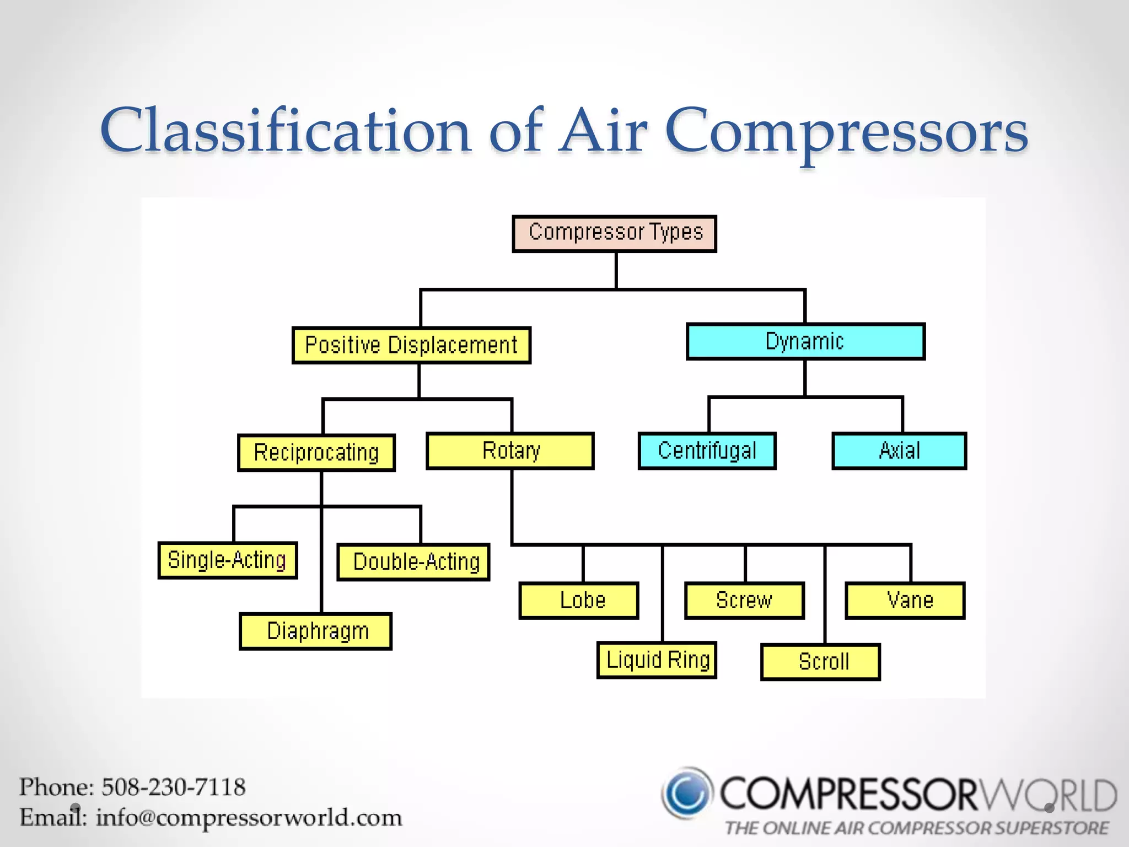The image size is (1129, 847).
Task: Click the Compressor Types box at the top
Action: click(614, 234)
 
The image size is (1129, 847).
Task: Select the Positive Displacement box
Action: click(411, 345)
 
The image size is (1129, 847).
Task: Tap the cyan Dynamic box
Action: click(805, 342)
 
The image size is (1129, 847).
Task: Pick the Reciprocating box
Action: click(316, 453)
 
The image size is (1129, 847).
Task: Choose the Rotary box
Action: click(510, 451)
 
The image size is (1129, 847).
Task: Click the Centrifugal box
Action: click(707, 451)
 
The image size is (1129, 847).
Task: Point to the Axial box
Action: click(899, 451)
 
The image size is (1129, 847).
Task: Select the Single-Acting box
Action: click(228, 560)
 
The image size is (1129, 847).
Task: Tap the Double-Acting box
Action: click(413, 562)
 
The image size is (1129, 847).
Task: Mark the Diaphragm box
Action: click(316, 631)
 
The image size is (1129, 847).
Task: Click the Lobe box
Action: click(579, 601)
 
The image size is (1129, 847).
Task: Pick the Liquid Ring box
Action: click(657, 660)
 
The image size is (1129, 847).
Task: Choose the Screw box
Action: click(744, 601)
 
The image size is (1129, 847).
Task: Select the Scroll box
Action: click(820, 662)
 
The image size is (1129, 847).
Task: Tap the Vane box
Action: click(905, 601)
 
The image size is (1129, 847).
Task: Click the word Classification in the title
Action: click(286, 131)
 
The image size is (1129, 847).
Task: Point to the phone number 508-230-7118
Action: click(173, 787)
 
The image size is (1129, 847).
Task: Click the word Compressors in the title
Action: click(846, 132)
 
